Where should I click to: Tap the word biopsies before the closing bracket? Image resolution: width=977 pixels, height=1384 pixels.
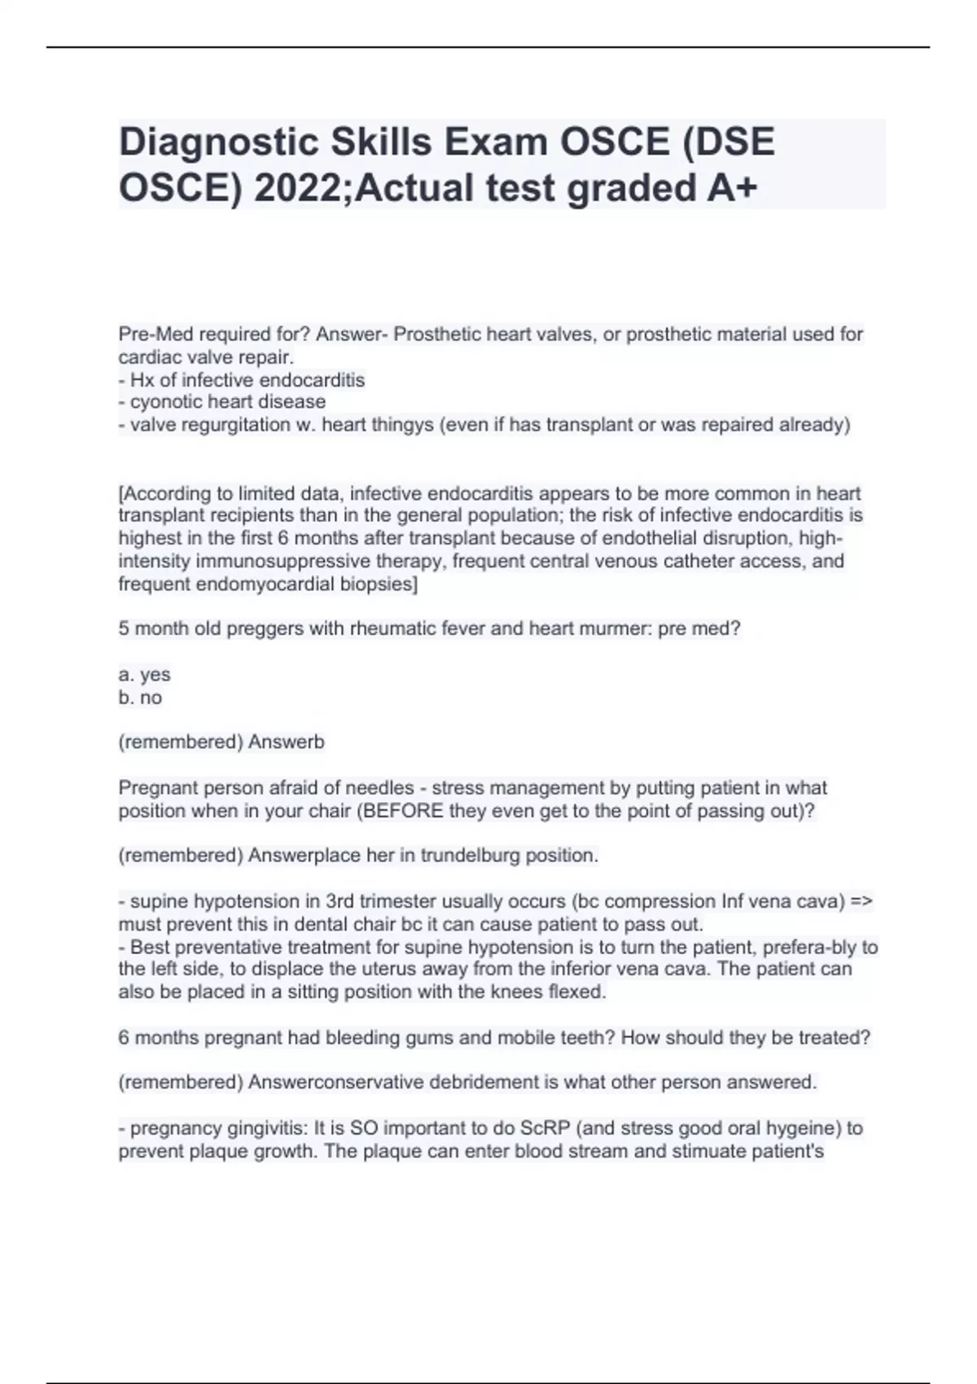click(379, 584)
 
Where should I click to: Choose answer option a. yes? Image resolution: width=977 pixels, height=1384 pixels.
click(145, 675)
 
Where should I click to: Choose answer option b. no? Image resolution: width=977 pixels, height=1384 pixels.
click(141, 698)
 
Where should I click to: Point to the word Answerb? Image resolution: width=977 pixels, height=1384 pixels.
click(286, 742)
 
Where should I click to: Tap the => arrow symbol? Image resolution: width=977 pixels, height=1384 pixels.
click(861, 901)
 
